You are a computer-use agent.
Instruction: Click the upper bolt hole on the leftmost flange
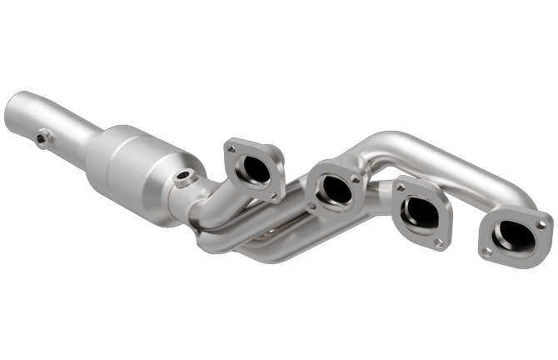(231, 148)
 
